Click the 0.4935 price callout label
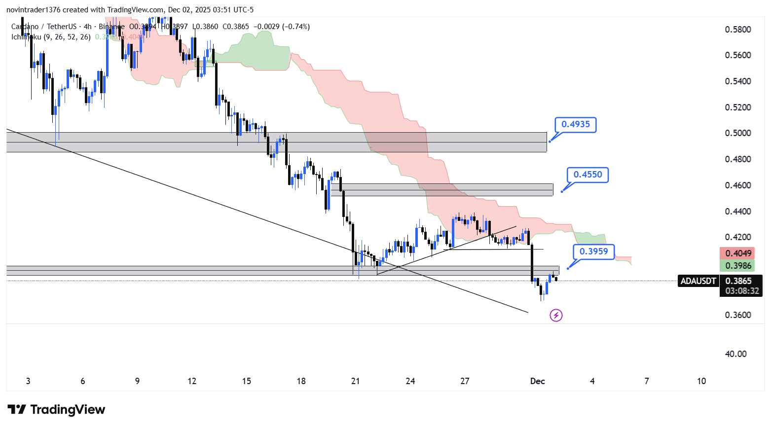[x=575, y=124]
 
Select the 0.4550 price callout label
[x=587, y=175]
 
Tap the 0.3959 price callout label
[x=594, y=251]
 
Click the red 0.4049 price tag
[x=737, y=253]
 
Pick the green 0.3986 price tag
[x=737, y=266]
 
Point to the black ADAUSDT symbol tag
[x=698, y=281]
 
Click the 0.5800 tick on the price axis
[x=737, y=30]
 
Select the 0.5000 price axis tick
[x=737, y=133]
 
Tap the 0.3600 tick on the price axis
[x=737, y=315]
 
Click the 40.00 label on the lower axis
[x=735, y=354]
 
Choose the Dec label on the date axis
[x=537, y=381]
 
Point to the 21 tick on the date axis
[x=355, y=381]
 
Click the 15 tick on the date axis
[x=246, y=381]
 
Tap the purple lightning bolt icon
[x=556, y=315]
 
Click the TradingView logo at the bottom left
[x=56, y=410]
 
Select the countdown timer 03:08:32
[x=742, y=291]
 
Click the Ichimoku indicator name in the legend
[x=26, y=37]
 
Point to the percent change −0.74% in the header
[x=296, y=27]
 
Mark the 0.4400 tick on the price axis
[x=737, y=212]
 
